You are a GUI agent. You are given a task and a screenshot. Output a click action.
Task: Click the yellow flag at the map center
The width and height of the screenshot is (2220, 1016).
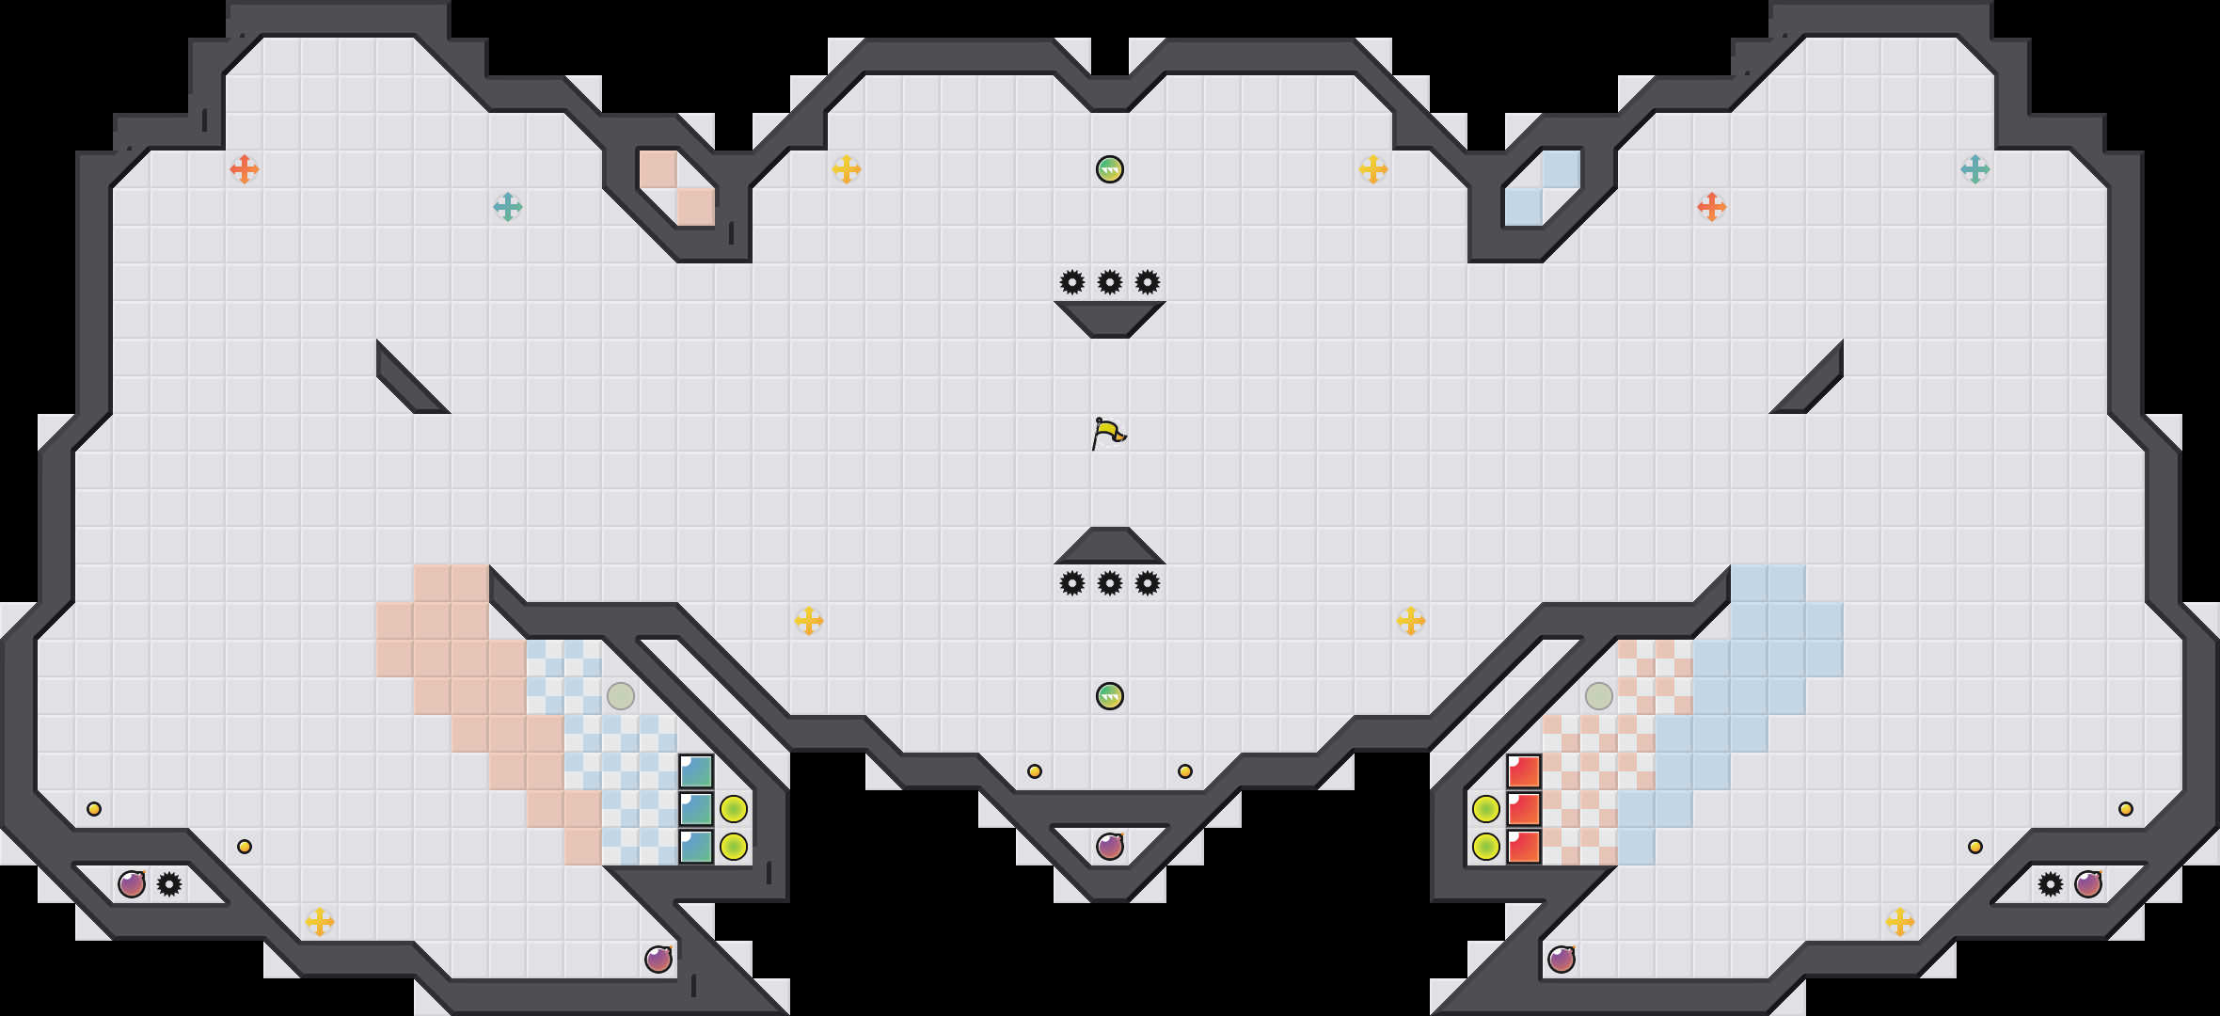point(1108,434)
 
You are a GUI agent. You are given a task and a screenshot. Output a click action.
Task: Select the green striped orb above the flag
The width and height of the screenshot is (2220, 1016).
point(1110,169)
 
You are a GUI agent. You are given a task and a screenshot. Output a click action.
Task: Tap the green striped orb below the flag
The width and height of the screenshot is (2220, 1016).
point(1110,696)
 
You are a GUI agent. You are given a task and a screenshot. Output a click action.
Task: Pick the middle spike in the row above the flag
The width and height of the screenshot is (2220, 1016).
point(1110,282)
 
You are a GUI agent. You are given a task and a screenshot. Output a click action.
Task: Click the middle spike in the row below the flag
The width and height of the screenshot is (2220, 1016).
point(1110,583)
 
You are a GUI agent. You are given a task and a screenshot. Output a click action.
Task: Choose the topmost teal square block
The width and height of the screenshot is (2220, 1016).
point(696,772)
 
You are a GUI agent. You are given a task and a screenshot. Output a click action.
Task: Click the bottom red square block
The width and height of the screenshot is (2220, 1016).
point(1524,847)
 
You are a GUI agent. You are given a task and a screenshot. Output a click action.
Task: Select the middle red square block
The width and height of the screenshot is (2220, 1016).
point(1524,809)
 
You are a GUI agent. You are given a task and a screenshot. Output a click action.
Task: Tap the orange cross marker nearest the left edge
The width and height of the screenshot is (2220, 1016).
point(245,169)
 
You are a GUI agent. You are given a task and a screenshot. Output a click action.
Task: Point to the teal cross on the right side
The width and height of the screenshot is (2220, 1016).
point(1975,169)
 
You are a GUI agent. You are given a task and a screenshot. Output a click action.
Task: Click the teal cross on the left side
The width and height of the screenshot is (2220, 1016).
point(508,207)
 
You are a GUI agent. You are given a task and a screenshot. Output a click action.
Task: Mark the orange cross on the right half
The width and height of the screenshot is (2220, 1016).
point(1712,207)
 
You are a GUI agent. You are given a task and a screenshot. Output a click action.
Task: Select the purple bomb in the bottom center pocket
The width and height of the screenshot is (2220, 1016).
point(1110,847)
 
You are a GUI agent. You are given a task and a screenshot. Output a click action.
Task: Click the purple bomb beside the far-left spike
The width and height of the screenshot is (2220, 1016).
point(132,884)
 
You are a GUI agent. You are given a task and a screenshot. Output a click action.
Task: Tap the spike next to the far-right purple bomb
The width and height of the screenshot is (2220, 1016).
point(2051,884)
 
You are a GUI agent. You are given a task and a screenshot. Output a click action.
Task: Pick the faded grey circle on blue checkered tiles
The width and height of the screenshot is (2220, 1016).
point(621,696)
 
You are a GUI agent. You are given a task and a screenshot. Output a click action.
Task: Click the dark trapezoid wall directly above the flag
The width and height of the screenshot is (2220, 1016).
point(1110,318)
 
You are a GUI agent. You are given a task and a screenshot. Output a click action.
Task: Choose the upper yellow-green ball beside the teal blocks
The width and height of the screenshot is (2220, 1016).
point(734,809)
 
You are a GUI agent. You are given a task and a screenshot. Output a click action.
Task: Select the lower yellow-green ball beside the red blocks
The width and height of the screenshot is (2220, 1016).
point(1486,847)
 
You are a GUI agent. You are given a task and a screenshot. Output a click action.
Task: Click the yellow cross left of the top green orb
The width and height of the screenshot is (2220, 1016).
point(847,169)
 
